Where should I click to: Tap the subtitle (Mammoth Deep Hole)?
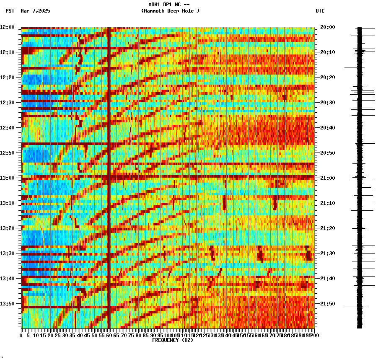point(170,11)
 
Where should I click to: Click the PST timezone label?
point(10,11)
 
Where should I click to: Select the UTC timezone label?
point(320,11)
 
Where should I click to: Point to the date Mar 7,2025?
point(35,11)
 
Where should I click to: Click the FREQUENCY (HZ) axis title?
point(172,340)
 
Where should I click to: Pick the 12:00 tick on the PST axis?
point(7,27)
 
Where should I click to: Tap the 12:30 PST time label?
point(7,103)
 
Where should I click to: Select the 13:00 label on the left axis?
point(7,178)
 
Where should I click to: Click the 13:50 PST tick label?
point(7,304)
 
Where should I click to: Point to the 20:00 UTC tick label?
point(328,27)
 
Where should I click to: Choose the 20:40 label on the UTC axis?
point(328,128)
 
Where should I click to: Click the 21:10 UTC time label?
point(328,203)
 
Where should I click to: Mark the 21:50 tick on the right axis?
point(328,304)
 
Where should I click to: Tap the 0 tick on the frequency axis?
point(21,335)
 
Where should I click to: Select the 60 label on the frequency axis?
point(109,335)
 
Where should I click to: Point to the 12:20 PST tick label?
point(7,78)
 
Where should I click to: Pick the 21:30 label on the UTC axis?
point(328,253)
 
